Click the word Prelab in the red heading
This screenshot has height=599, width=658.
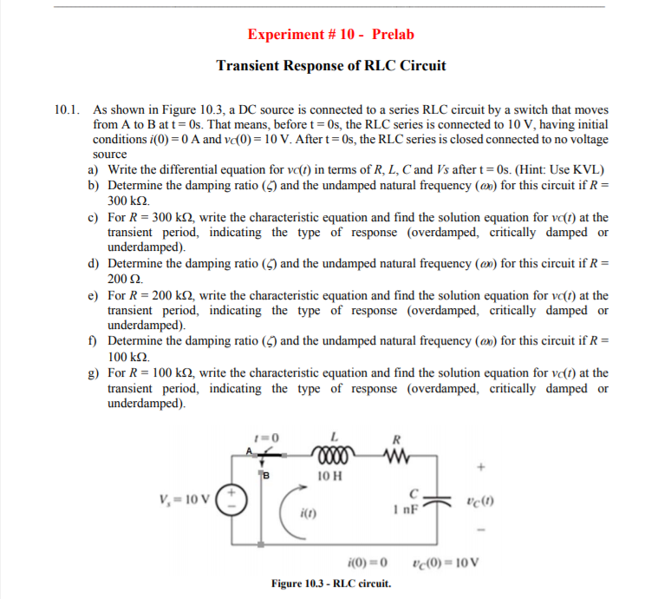click(x=394, y=35)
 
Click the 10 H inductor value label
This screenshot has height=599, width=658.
click(x=329, y=476)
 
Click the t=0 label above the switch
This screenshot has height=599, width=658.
click(x=263, y=436)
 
